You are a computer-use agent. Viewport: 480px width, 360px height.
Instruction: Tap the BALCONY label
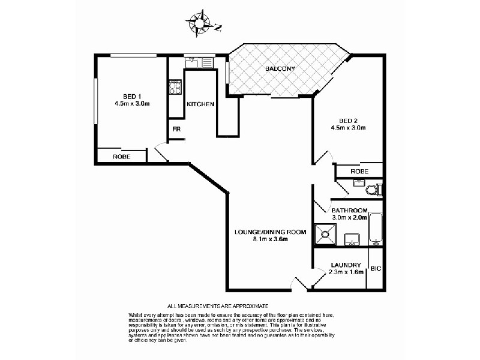pos(280,69)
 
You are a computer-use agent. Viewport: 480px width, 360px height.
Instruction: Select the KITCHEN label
pos(200,104)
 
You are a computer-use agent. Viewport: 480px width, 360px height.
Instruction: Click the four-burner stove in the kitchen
pos(176,88)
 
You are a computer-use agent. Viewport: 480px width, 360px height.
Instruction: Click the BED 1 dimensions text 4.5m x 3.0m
pos(131,104)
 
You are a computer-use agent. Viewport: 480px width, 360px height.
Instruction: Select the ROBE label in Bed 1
pos(121,157)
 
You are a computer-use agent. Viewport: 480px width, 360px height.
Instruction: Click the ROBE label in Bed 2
pos(359,171)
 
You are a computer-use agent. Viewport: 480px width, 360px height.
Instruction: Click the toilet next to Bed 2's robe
pos(373,190)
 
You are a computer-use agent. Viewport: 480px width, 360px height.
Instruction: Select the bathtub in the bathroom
pos(376,229)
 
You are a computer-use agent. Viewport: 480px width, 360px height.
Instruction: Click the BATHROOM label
pos(349,210)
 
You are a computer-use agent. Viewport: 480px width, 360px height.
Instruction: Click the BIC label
pos(376,269)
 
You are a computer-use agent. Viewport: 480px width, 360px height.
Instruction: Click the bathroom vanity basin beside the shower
pos(352,242)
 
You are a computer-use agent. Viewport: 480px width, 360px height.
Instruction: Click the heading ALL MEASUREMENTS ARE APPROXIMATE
pos(218,307)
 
